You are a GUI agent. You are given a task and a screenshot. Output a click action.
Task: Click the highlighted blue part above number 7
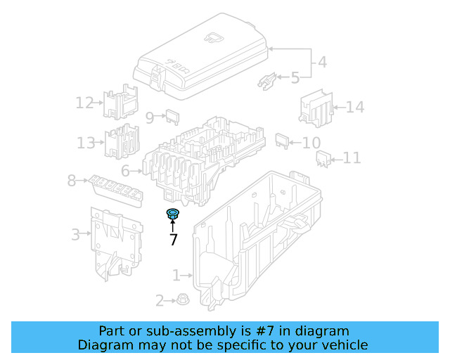(173, 214)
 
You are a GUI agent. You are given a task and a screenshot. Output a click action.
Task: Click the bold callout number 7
(173, 240)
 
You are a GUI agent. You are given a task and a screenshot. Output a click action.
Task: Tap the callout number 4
(322, 62)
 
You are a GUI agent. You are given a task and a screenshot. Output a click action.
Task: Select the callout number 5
(295, 77)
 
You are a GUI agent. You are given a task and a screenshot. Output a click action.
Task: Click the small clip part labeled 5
(267, 80)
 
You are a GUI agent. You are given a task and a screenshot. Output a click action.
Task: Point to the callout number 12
(85, 103)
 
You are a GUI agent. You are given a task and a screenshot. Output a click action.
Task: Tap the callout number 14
(355, 108)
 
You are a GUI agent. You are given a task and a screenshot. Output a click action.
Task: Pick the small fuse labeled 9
(172, 117)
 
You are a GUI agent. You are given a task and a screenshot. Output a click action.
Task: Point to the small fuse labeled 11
(324, 160)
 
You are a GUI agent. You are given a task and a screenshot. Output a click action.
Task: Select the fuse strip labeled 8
(112, 188)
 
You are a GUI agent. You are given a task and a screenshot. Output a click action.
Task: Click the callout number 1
(176, 275)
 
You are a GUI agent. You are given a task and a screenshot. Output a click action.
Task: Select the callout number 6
(125, 171)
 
